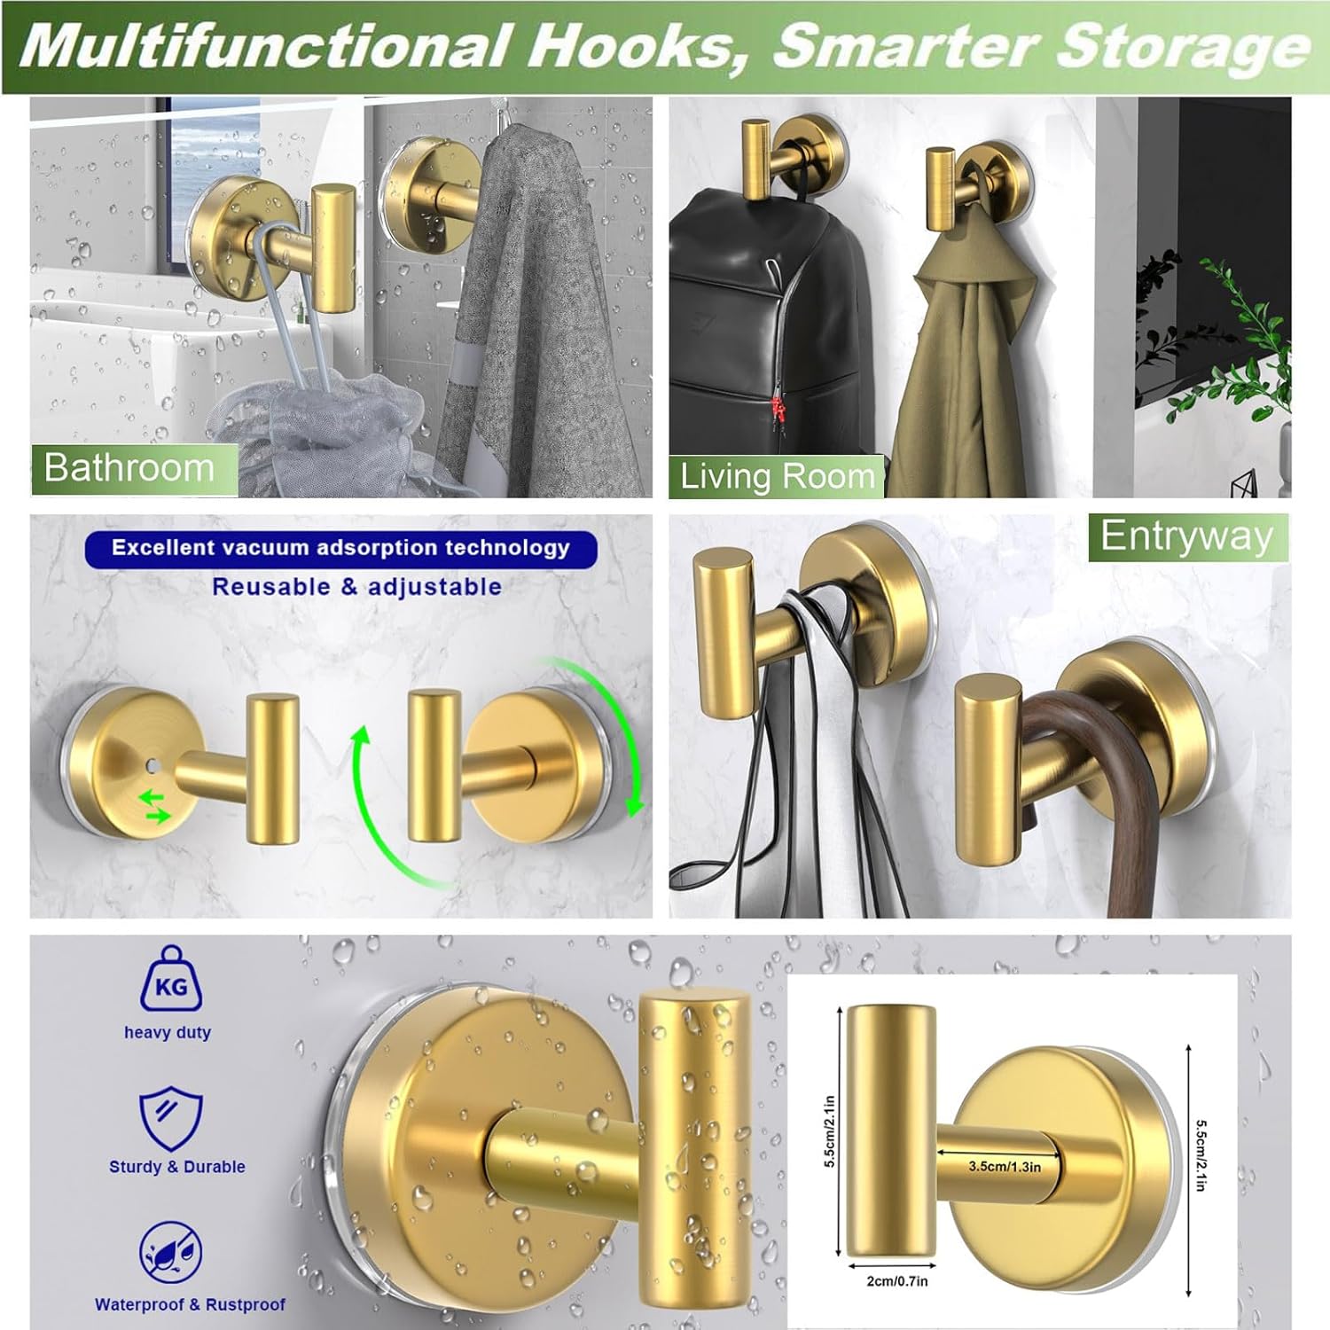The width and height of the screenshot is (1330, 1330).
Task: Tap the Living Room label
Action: tap(777, 476)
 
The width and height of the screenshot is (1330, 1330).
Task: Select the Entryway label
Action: tap(1186, 537)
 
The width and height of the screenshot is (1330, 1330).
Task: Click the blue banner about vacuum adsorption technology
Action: tap(340, 549)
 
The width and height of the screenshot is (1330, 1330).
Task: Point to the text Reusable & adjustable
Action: tap(356, 587)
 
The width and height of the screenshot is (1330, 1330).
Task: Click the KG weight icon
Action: tap(170, 979)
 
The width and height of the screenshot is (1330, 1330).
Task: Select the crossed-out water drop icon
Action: tap(170, 1251)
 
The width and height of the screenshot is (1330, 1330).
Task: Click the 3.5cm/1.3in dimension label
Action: tap(1004, 1166)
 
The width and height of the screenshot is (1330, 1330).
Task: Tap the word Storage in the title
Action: tap(1182, 46)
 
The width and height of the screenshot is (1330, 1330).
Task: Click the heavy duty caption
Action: tap(168, 1032)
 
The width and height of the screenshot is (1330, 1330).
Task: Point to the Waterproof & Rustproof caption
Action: tap(190, 1304)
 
